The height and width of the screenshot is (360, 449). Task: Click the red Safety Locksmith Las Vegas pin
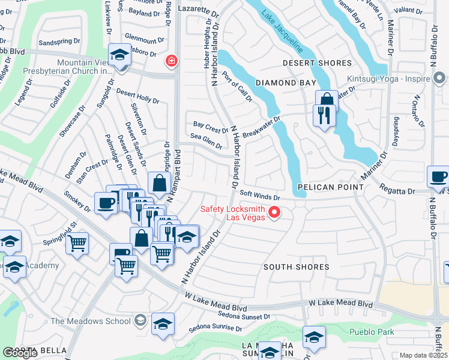point(275,212)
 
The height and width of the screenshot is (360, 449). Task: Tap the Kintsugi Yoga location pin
point(439,78)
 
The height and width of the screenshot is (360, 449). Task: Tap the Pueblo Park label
point(372,332)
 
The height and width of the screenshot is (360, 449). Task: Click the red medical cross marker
point(172,61)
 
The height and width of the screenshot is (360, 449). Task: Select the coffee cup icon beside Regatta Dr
point(437,176)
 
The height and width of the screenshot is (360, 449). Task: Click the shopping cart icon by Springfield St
point(77,244)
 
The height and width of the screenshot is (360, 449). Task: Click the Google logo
point(20,353)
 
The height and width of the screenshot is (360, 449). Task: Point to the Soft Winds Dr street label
point(260,196)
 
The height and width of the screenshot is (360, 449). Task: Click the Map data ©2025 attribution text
point(423,355)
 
